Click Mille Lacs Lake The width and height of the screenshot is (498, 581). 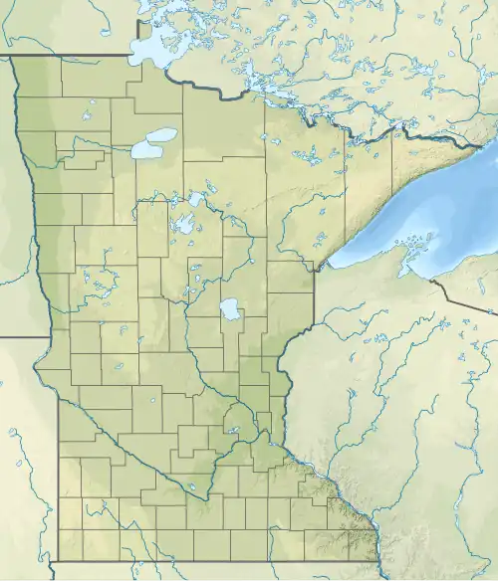click(230, 310)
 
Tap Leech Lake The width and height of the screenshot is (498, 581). click(185, 225)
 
